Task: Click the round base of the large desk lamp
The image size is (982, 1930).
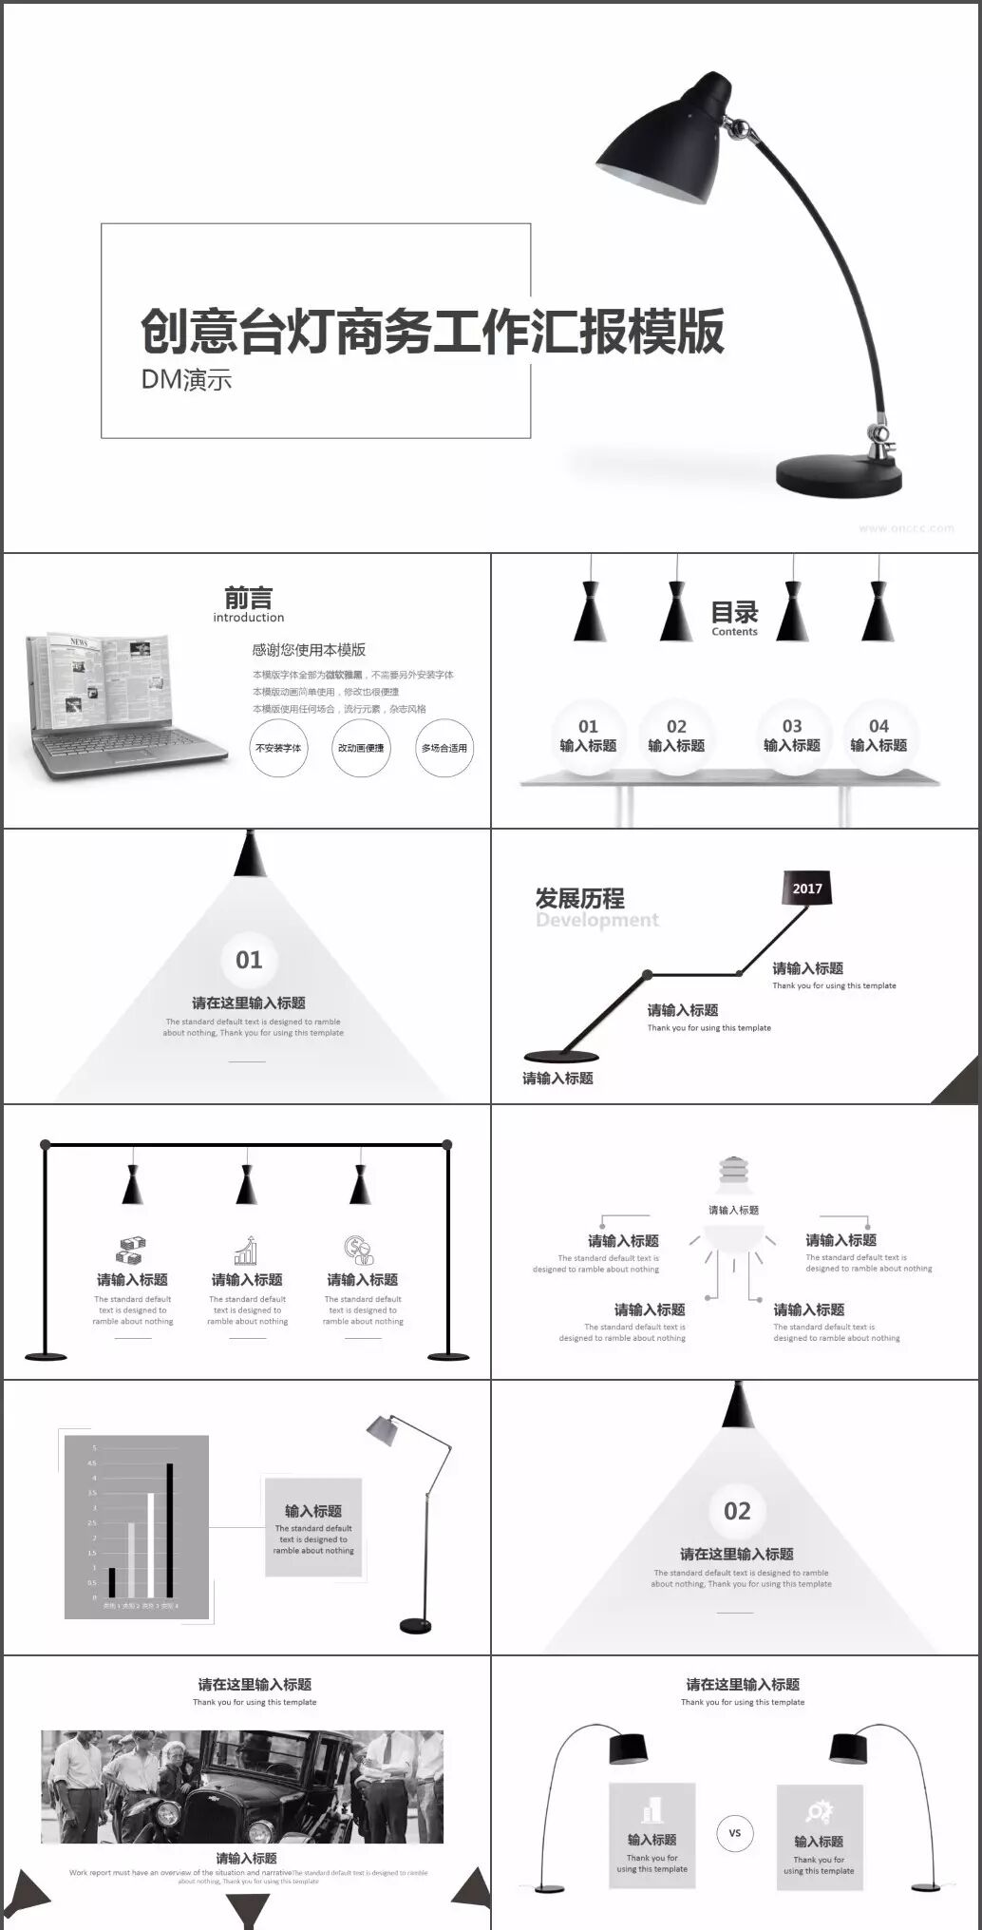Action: [x=838, y=474]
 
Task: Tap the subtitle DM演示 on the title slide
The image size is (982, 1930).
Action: [x=186, y=379]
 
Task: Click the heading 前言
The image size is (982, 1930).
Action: [x=249, y=598]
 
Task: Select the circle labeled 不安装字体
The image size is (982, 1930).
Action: [x=278, y=748]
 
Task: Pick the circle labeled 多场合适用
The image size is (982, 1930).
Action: [x=444, y=748]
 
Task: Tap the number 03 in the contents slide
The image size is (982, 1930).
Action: [x=792, y=726]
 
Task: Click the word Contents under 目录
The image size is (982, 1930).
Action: [x=734, y=632]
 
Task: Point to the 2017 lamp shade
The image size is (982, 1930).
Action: [x=807, y=888]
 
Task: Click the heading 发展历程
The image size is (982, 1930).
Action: [x=579, y=898]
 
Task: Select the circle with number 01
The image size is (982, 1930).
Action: [x=249, y=960]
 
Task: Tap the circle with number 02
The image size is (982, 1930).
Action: [x=737, y=1511]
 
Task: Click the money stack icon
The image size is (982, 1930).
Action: [x=131, y=1251]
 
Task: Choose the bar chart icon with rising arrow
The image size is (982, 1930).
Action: [x=247, y=1251]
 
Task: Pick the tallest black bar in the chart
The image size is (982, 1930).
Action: [x=170, y=1530]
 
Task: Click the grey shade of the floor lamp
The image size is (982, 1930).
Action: [x=382, y=1429]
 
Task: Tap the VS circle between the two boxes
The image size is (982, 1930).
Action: [x=734, y=1833]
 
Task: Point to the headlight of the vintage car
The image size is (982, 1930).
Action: [x=167, y=1812]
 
